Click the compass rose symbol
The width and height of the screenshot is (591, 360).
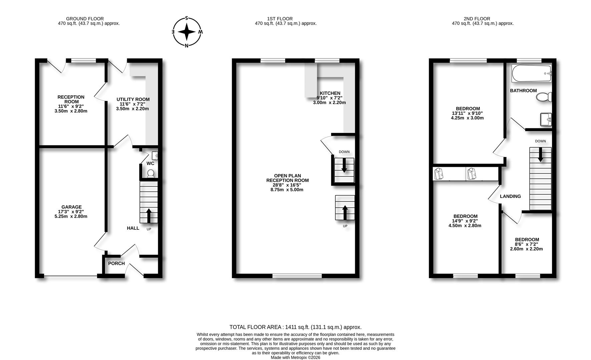tap(187, 32)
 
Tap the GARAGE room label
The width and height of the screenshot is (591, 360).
tap(71, 207)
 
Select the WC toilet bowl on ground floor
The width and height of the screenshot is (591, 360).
tap(151, 173)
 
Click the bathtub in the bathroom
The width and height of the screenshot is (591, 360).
tap(531, 74)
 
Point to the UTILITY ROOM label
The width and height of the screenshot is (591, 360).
tap(133, 99)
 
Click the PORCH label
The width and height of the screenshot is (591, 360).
tap(116, 263)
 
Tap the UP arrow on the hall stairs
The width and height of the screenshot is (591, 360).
tap(148, 215)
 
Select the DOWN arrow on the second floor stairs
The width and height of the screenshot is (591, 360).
tap(540, 155)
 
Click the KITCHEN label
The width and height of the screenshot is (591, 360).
tap(330, 93)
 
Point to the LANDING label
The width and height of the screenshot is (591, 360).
tap(510, 196)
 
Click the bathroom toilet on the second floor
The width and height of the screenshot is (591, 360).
tap(544, 97)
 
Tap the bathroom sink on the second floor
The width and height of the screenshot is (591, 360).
tap(546, 119)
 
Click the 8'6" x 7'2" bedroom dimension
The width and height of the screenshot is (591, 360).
tap(527, 244)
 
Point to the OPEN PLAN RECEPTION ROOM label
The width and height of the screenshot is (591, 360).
tap(287, 178)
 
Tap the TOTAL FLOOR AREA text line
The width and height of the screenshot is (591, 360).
tap(295, 327)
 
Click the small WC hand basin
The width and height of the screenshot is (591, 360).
tap(155, 155)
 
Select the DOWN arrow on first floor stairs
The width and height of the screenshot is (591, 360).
tap(344, 165)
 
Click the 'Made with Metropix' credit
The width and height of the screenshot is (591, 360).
tap(295, 357)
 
